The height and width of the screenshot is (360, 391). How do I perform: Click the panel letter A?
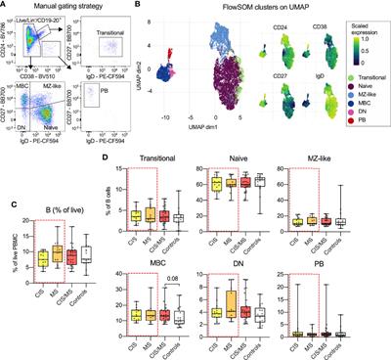click(x=4, y=5)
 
